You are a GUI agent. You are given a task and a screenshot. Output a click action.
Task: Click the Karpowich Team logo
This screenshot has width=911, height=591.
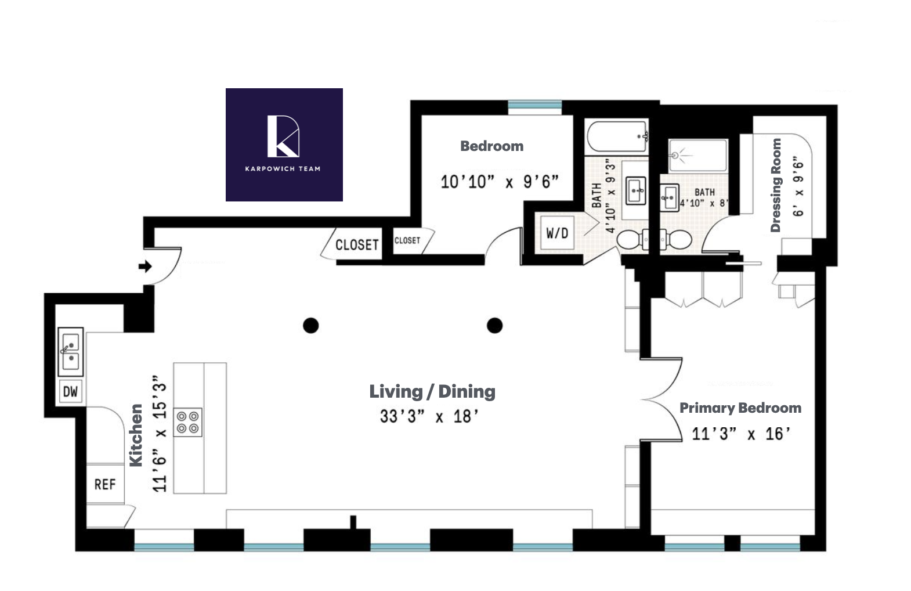(284, 145)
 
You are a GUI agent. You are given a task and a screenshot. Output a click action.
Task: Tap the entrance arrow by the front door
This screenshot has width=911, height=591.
(145, 266)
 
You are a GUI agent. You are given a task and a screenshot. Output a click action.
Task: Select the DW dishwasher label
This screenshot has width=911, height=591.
(70, 391)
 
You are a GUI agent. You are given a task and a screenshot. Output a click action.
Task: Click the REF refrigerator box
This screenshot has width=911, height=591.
(105, 484)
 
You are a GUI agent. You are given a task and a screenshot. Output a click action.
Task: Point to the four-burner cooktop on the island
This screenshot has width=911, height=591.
(188, 423)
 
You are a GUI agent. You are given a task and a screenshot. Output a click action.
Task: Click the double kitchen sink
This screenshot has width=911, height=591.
(71, 352)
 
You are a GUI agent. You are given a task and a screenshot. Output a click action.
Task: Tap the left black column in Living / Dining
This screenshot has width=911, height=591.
(311, 325)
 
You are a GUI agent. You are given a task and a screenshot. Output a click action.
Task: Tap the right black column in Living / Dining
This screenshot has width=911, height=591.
(494, 325)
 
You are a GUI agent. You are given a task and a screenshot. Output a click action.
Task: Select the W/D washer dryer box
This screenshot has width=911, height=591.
(557, 233)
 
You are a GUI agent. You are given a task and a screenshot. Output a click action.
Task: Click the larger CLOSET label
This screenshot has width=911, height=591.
(357, 245)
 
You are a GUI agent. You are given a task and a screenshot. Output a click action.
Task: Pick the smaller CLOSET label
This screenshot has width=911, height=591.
(407, 240)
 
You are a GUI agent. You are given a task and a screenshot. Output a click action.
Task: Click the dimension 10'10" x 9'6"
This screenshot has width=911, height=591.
(499, 182)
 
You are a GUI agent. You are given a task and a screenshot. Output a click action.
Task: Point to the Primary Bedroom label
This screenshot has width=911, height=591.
(740, 408)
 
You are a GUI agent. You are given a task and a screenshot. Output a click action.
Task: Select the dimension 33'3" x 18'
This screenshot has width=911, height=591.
(429, 416)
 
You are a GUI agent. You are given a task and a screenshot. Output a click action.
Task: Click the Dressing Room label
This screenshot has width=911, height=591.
(776, 186)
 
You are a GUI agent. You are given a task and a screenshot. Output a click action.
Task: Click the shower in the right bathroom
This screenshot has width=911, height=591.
(697, 155)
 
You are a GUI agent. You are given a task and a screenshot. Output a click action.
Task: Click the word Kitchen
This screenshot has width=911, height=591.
(136, 435)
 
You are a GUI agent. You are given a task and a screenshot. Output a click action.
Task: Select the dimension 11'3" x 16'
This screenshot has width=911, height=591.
(741, 434)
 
